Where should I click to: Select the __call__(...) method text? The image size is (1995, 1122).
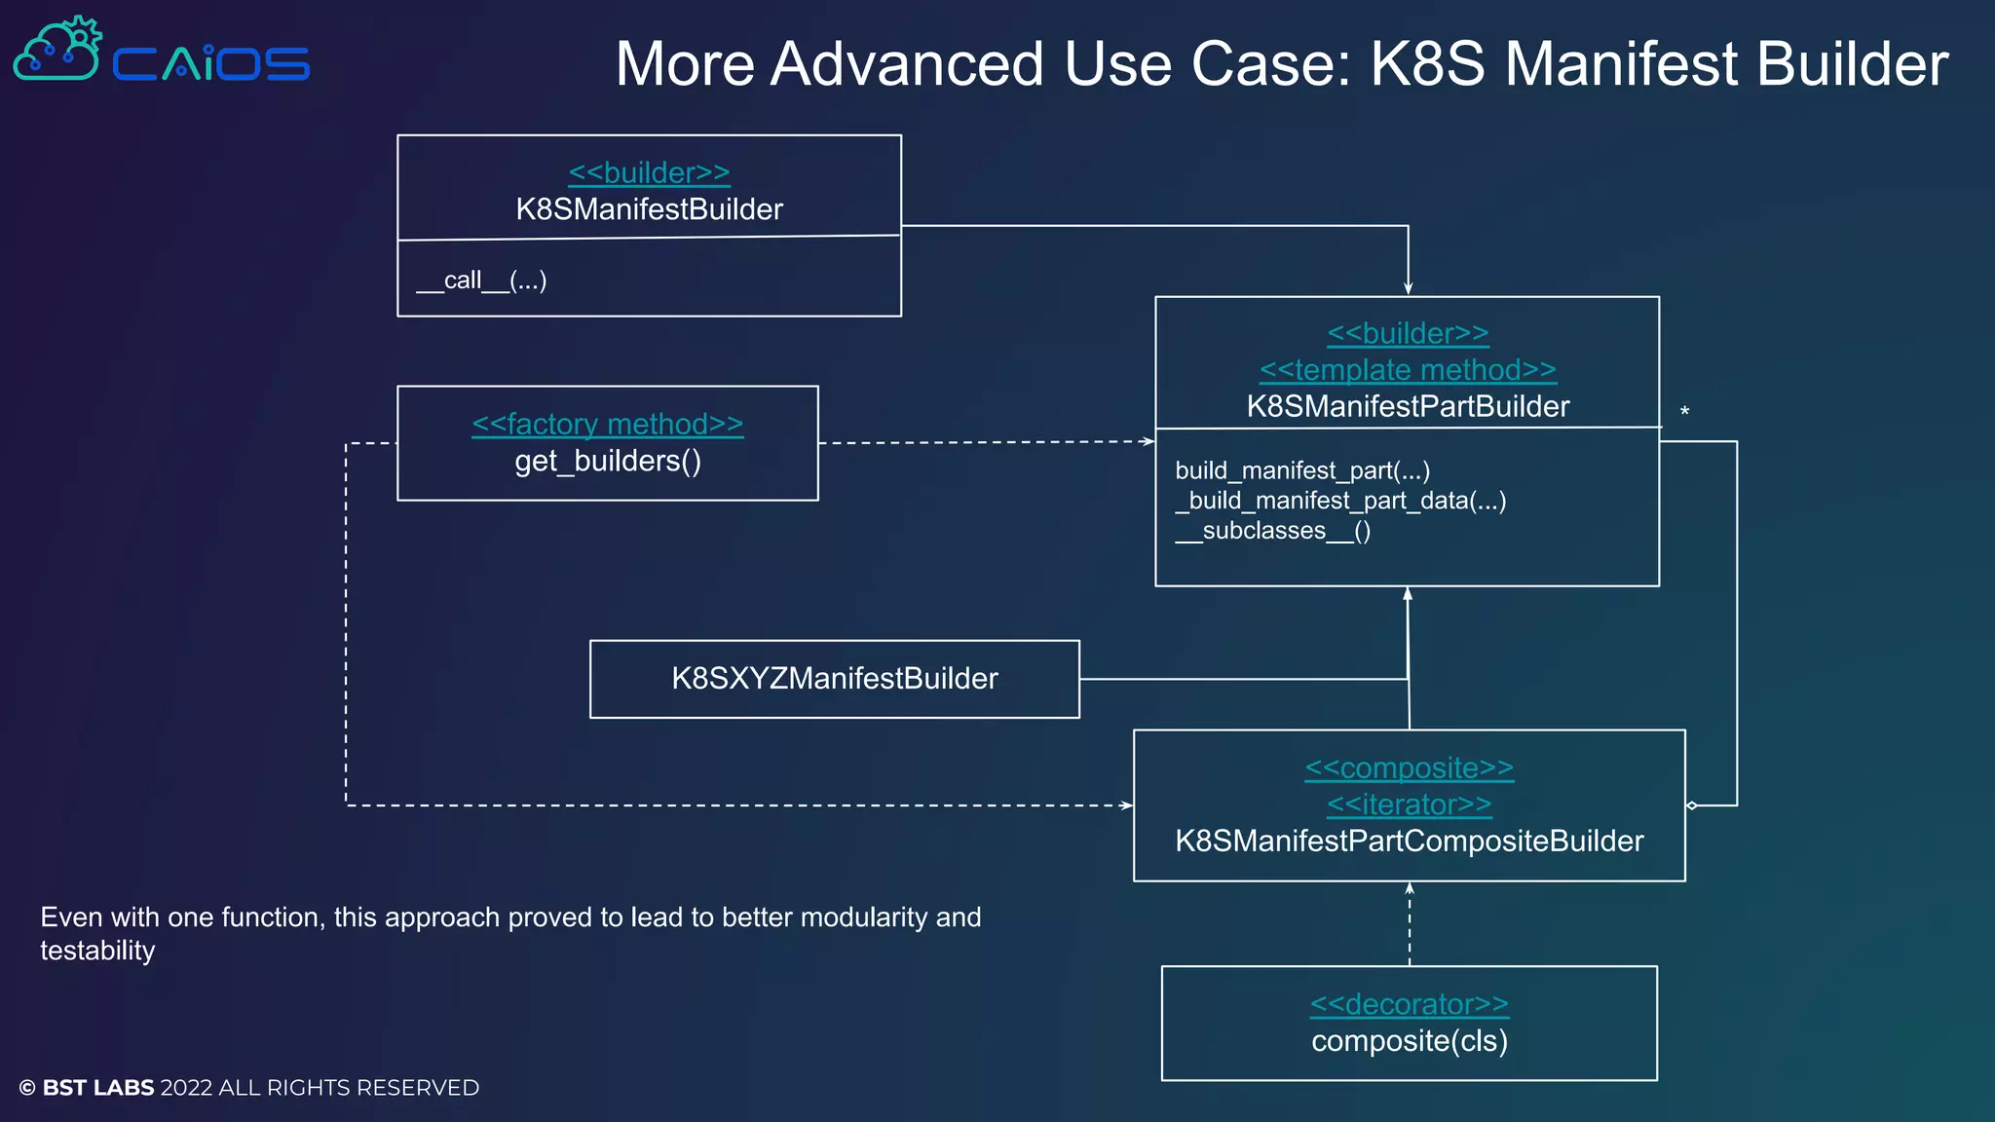pyautogui.click(x=481, y=280)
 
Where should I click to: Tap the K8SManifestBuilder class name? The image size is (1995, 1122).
pyautogui.click(x=649, y=209)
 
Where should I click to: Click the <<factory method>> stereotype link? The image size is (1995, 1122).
pyautogui.click(x=607, y=425)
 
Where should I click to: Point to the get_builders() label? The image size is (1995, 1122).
pyautogui.click(x=608, y=461)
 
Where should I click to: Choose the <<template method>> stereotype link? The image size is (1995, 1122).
pyautogui.click(x=1408, y=370)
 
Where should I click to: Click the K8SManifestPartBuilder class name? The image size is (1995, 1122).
pyautogui.click(x=1408, y=406)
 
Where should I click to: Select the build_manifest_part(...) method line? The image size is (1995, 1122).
pyautogui.click(x=1302, y=470)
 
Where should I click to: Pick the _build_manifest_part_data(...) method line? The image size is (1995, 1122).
pyautogui.click(x=1340, y=501)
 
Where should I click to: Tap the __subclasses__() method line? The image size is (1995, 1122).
pyautogui.click(x=1272, y=531)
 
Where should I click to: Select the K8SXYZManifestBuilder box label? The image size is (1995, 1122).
pyautogui.click(x=835, y=679)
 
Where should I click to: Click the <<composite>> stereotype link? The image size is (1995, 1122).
pyautogui.click(x=1409, y=768)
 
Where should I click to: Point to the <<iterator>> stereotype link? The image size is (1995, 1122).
pyautogui.click(x=1409, y=804)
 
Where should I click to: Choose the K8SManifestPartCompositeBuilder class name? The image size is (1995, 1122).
pyautogui.click(x=1409, y=841)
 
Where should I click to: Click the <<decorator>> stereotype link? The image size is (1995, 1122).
pyautogui.click(x=1409, y=1004)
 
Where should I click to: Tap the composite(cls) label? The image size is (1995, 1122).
pyautogui.click(x=1409, y=1041)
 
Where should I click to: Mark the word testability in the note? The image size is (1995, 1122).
pyautogui.click(x=97, y=951)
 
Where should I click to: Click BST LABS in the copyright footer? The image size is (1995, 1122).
pyautogui.click(x=98, y=1088)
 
